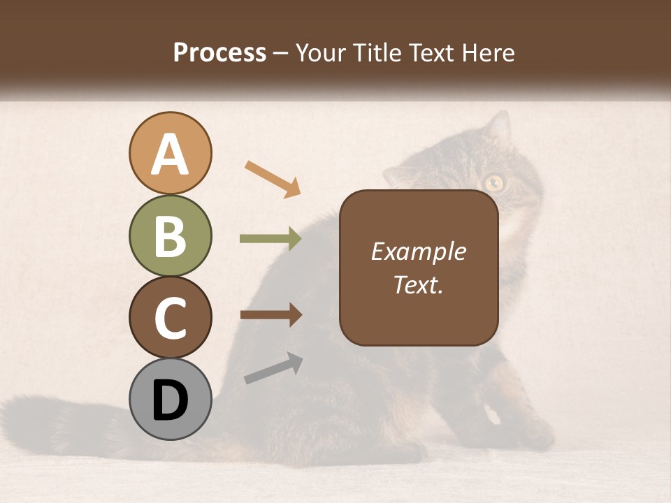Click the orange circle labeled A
pos(171,153)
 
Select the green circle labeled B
pos(171,235)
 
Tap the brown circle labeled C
pos(171,317)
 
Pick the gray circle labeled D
pos(171,399)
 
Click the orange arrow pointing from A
pos(273,178)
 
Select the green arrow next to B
pos(270,239)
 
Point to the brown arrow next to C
pos(270,314)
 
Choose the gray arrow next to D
pos(273,368)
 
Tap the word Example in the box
pos(419,251)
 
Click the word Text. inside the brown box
pos(419,284)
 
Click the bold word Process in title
pos(219,52)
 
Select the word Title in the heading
pos(372,52)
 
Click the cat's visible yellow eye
pos(494,183)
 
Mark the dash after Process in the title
pos(281,53)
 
